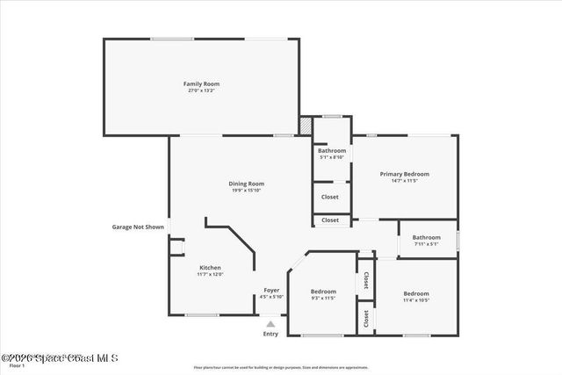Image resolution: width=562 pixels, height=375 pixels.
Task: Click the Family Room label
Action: click(200, 83)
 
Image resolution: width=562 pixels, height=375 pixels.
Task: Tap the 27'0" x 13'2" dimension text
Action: click(200, 90)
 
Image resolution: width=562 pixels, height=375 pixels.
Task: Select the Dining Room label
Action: click(247, 183)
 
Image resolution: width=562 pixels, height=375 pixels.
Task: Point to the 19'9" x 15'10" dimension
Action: click(247, 190)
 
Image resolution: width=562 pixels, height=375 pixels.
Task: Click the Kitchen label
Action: click(210, 267)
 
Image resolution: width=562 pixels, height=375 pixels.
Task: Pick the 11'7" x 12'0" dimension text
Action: click(210, 274)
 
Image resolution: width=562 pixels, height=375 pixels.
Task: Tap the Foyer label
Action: click(271, 290)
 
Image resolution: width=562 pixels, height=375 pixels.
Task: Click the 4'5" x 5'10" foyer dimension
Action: click(271, 297)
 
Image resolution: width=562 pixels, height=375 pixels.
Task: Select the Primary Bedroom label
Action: click(404, 174)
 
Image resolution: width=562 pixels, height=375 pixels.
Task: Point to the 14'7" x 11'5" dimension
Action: click(404, 181)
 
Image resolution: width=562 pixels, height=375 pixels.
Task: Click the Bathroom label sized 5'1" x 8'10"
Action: click(332, 150)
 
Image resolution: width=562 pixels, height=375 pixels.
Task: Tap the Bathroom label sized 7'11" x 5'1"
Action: click(427, 236)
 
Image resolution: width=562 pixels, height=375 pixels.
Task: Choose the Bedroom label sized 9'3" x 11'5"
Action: click(323, 291)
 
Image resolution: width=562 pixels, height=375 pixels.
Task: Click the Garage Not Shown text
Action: click(138, 227)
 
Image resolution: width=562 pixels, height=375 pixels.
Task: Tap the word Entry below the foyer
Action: click(270, 334)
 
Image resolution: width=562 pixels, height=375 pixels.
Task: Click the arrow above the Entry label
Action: click(270, 323)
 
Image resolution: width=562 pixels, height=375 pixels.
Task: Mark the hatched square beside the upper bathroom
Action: click(306, 126)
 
